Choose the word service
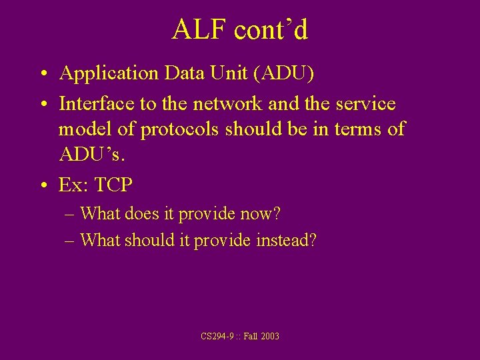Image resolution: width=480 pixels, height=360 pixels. click(365, 105)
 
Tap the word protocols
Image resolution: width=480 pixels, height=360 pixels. click(179, 129)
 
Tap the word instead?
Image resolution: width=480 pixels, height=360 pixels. click(286, 240)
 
